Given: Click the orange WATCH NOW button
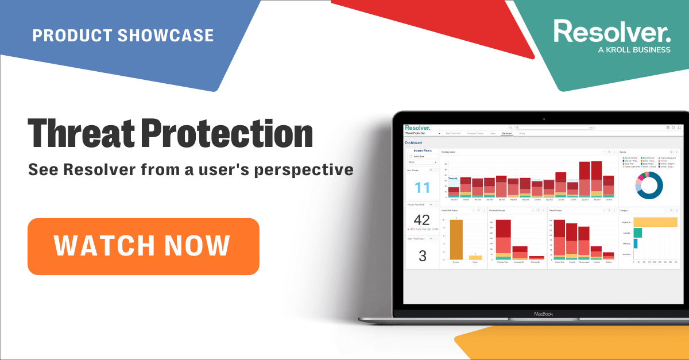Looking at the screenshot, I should click(x=143, y=246).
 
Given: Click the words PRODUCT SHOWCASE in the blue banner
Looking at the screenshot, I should click(x=123, y=35).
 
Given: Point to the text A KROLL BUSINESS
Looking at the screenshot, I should click(x=634, y=50).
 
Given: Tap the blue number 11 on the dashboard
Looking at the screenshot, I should click(x=422, y=188).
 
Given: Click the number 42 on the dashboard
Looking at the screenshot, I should click(x=421, y=220).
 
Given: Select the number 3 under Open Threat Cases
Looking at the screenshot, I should click(x=422, y=256).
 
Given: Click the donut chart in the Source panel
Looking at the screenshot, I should click(x=649, y=185).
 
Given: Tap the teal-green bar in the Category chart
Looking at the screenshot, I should click(x=637, y=233).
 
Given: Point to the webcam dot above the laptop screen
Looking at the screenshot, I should click(x=542, y=118).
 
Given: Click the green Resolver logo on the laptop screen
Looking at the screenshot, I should click(x=417, y=127).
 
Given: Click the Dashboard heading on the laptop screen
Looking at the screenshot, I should click(x=413, y=142).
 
